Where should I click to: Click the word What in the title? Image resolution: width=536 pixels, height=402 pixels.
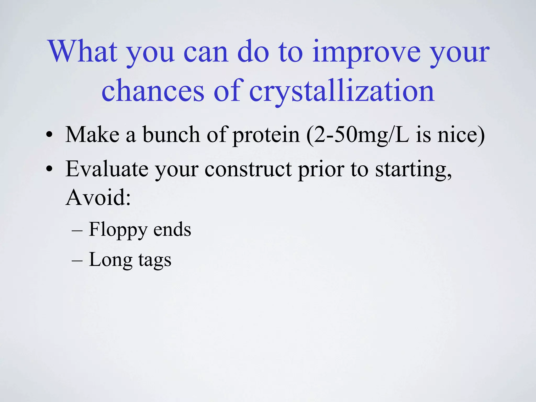[83, 52]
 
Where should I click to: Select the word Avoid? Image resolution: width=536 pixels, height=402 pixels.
[98, 198]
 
